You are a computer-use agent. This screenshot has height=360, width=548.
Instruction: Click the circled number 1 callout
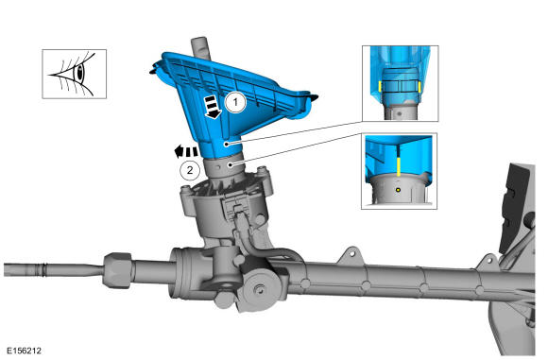[235, 102]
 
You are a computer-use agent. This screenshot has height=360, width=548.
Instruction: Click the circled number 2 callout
[190, 170]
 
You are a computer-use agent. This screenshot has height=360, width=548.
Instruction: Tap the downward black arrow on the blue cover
[213, 107]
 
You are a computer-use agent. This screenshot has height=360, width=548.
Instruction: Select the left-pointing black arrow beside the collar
[185, 152]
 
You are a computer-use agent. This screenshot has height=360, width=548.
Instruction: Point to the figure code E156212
[24, 351]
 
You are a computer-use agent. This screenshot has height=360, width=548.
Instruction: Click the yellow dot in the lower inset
[398, 190]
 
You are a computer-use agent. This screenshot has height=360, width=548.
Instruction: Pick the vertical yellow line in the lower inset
[399, 166]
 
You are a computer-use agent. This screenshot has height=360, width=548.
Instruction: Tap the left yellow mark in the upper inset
[380, 87]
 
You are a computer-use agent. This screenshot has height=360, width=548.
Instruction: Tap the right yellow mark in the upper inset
[420, 87]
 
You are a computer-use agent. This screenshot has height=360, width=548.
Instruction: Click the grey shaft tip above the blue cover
[200, 47]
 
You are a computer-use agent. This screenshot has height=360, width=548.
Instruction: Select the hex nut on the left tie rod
[118, 270]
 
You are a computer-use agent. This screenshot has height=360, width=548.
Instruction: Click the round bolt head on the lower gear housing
[259, 289]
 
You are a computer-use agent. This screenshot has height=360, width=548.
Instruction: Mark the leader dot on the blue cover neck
[227, 144]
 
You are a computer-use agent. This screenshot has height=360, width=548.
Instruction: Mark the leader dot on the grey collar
[230, 164]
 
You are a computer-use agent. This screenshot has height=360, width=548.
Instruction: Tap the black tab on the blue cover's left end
[153, 70]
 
